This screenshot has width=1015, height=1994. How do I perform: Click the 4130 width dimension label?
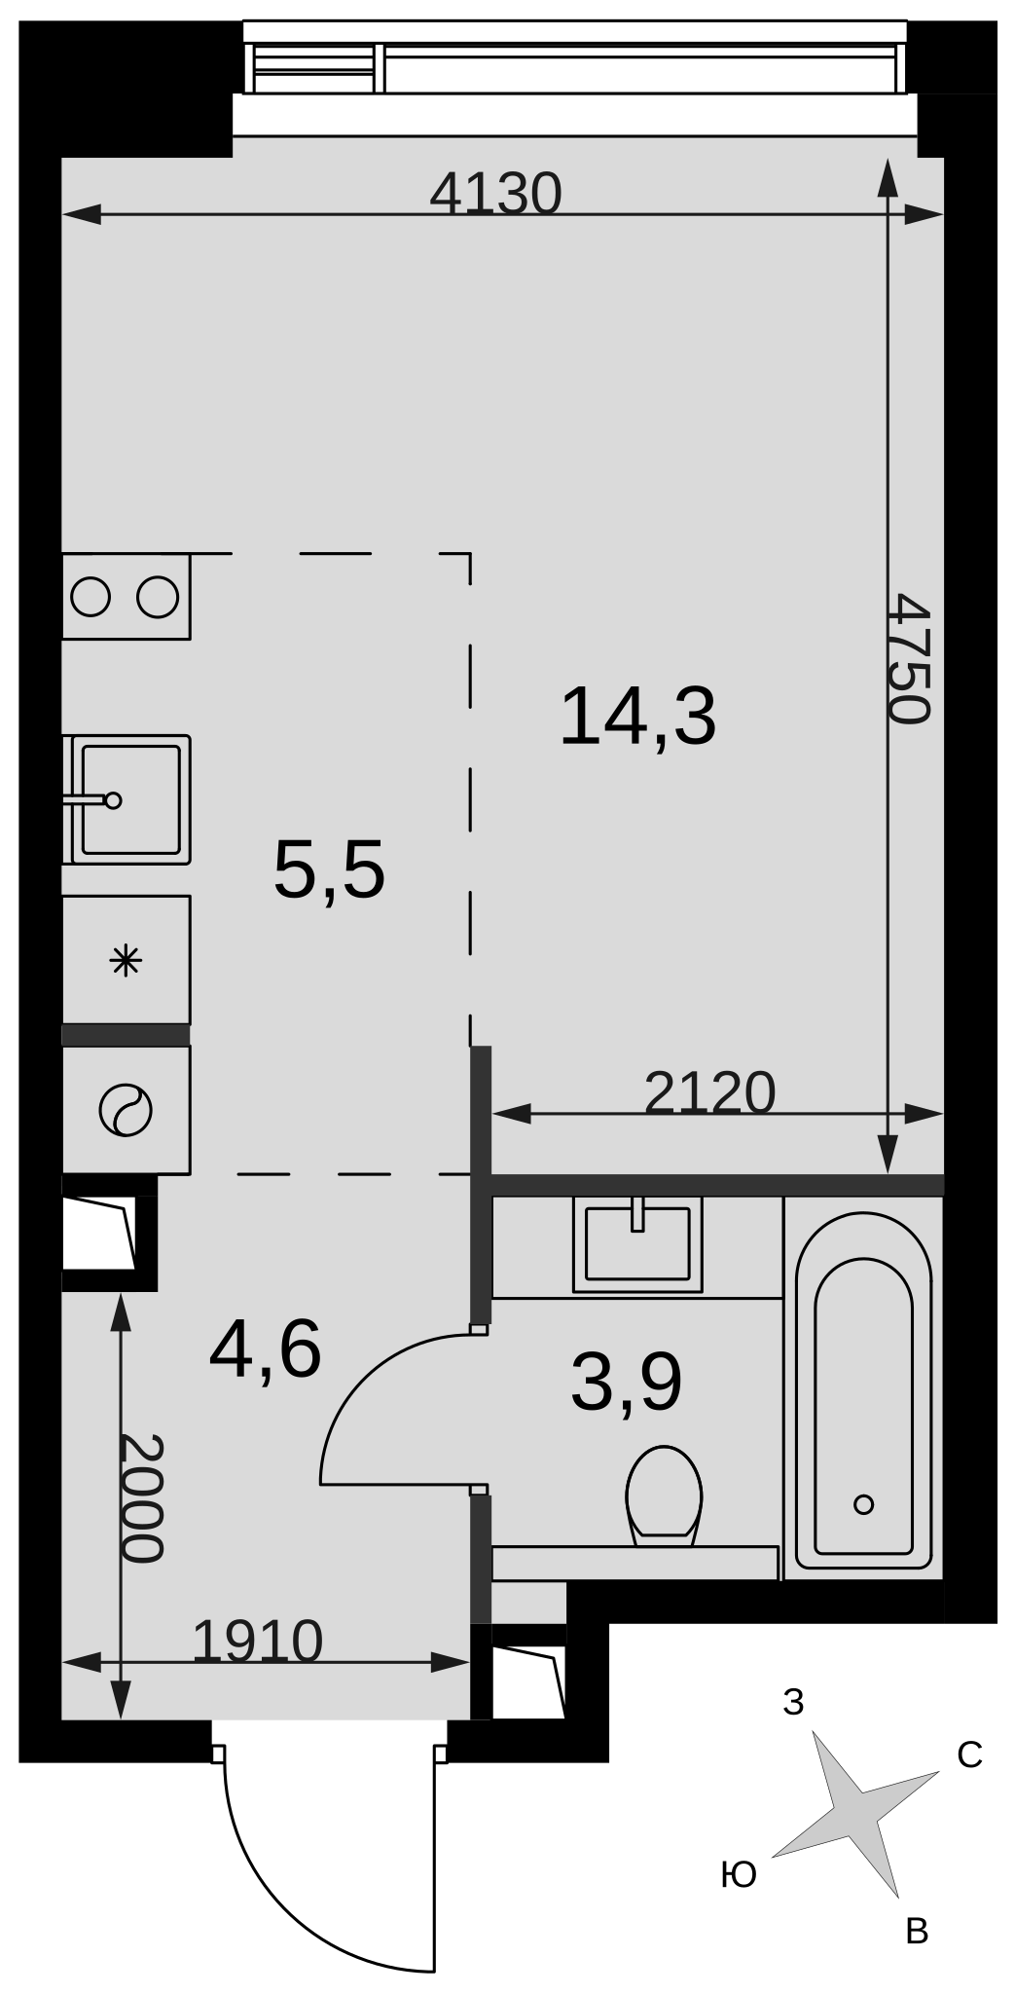496,194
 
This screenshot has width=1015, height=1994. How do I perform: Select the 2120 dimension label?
710,1092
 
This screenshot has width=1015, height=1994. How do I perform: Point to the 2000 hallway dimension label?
141,1498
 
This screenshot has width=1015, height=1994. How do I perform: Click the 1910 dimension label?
258,1643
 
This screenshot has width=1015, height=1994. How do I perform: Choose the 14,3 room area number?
638,717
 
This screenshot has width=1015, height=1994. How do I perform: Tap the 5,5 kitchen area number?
330,870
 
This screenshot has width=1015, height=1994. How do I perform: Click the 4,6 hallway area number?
266,1350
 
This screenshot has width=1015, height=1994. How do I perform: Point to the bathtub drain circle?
863,1504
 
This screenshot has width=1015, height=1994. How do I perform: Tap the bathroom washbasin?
637,1244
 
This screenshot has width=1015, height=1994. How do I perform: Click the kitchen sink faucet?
92,800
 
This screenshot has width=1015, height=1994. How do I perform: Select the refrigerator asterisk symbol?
126,963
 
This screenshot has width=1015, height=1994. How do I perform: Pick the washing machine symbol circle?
126,1110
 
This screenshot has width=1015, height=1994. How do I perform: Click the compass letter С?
969,1754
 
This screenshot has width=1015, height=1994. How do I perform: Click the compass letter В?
917,1931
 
